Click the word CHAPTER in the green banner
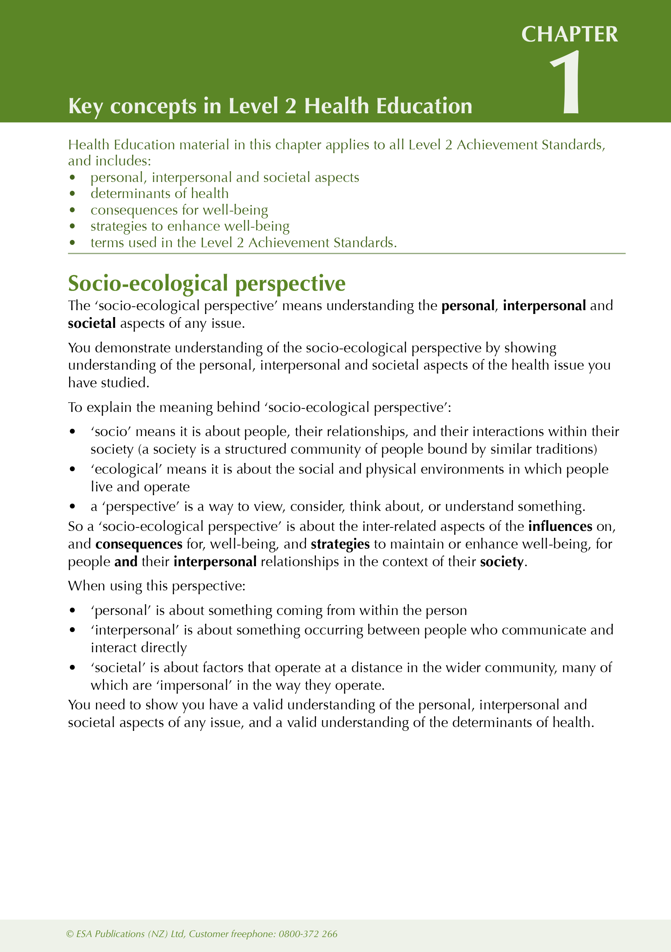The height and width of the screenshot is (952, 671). point(569,35)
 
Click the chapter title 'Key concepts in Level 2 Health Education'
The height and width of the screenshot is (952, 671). point(270,106)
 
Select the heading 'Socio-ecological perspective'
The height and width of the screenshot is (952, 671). point(207,284)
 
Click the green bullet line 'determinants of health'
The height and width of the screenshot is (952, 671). point(159,193)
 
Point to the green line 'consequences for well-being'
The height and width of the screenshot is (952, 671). point(179,210)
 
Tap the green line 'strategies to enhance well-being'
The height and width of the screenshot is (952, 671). point(190,226)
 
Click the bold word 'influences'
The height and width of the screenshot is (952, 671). point(560,526)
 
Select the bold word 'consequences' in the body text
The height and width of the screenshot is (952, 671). point(139,544)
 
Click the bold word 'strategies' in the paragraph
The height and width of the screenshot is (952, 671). point(340,544)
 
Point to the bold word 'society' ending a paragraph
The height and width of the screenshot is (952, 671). point(501,562)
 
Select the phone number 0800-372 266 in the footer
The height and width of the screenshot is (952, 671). point(308,934)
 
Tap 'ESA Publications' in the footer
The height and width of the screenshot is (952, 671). point(110,934)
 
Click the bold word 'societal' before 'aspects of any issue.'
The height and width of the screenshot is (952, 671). point(92,324)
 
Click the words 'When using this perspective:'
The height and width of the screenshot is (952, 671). point(157,586)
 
